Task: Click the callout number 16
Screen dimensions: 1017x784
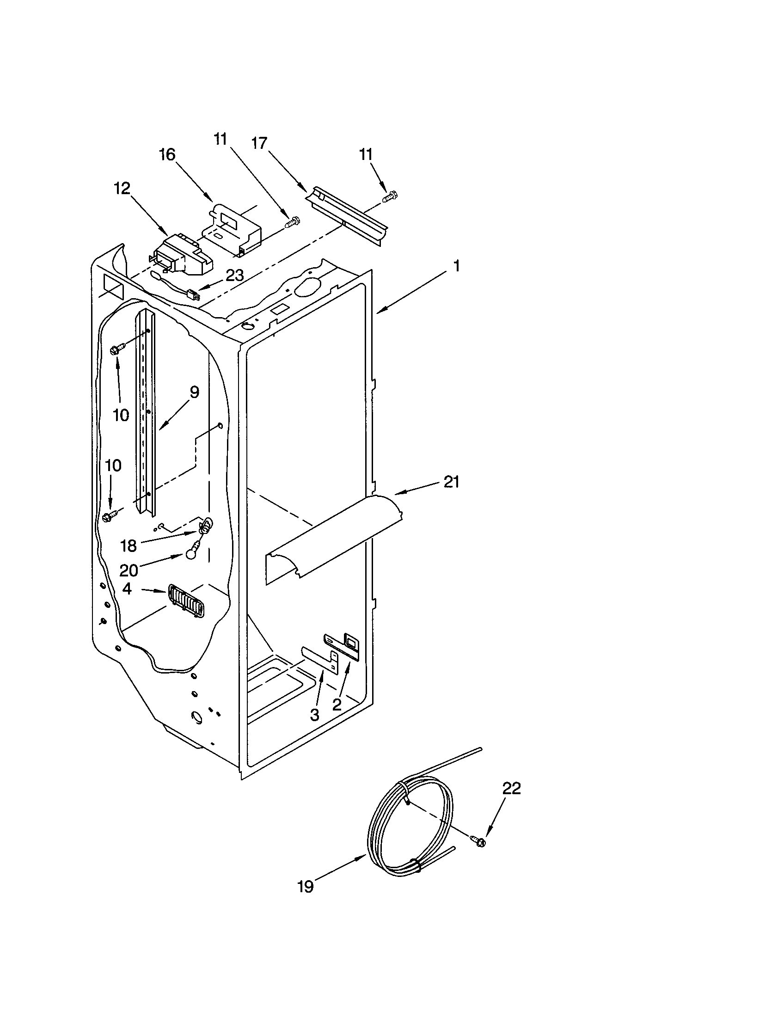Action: click(x=167, y=154)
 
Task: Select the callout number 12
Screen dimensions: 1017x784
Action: click(x=122, y=189)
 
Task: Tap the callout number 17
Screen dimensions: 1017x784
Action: click(x=260, y=143)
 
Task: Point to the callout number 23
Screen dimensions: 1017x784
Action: click(x=234, y=275)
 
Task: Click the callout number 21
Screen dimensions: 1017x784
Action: click(x=451, y=482)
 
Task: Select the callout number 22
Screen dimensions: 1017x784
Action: click(x=511, y=788)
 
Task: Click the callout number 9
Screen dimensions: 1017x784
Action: click(x=194, y=392)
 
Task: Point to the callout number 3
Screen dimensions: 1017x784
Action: click(x=315, y=715)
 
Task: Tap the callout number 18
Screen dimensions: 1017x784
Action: click(x=129, y=545)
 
